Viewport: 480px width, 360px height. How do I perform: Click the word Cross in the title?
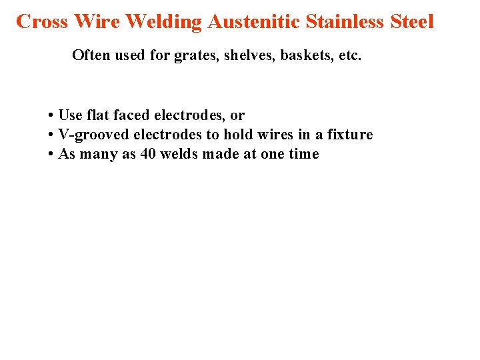tap(42, 21)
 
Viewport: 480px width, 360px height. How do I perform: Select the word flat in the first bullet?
tap(98, 115)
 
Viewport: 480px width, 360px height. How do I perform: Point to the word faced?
tap(132, 115)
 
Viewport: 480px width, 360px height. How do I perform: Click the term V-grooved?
tap(93, 135)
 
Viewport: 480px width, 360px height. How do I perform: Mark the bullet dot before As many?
tap(51, 154)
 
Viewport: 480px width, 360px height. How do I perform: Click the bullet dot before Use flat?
tap(51, 115)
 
